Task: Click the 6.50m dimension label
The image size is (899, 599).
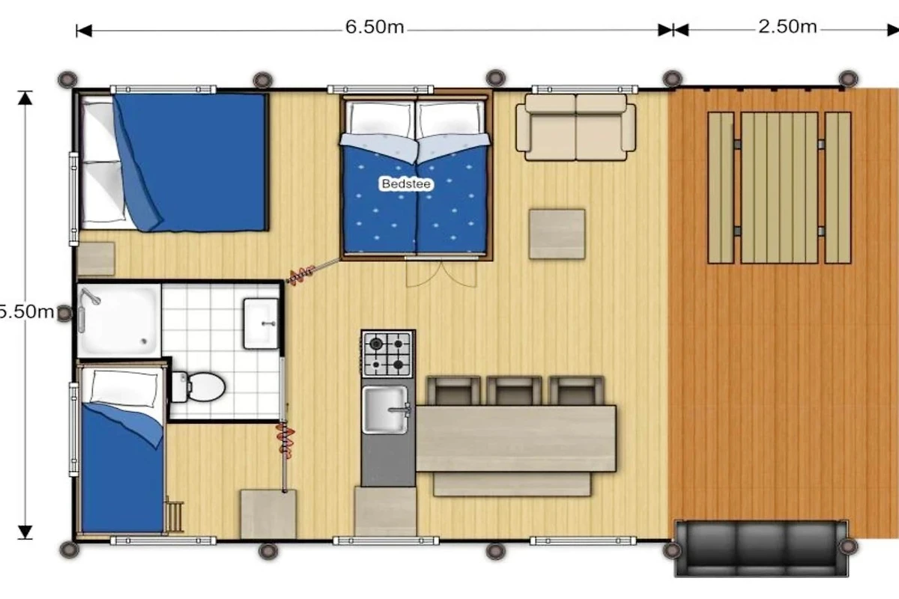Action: tap(375, 27)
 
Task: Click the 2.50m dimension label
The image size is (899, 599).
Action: tap(787, 27)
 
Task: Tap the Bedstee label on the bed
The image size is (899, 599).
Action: tap(406, 183)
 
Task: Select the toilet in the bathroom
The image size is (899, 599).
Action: tap(199, 387)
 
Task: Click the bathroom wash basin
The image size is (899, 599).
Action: tap(261, 323)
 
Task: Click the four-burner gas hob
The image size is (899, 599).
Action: tap(387, 354)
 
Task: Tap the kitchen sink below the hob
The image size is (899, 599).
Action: tap(385, 410)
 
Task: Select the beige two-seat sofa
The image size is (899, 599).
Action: tap(575, 127)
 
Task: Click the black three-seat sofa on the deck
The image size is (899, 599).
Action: tap(761, 548)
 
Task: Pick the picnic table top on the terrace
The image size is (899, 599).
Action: tap(779, 188)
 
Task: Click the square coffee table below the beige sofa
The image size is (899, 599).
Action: tap(557, 234)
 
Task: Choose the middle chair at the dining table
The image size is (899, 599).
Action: tap(514, 391)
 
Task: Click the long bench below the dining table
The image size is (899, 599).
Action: tap(512, 484)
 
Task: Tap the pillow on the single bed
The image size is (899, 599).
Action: tap(124, 388)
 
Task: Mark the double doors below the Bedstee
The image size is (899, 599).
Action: tap(441, 273)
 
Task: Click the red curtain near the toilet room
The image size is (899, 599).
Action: tap(285, 440)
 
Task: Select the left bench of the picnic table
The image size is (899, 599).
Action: tap(721, 188)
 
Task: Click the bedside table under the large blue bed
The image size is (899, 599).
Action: tap(97, 259)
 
